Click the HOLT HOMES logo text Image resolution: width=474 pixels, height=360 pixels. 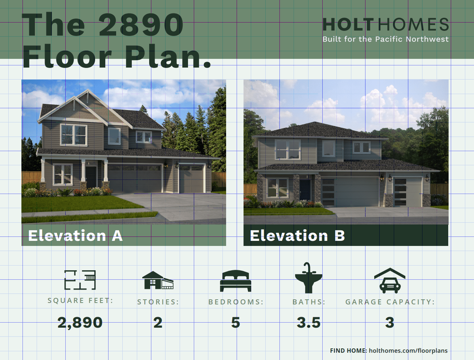tap(385, 25)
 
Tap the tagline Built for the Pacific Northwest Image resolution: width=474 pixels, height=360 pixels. tap(385, 39)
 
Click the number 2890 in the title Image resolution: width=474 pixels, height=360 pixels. tap(141, 25)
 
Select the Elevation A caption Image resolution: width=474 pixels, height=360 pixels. tap(75, 236)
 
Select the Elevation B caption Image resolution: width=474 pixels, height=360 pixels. tap(297, 236)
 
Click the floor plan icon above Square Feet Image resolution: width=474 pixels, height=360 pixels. tap(80, 280)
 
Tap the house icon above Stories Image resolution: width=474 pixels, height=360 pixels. tap(158, 280)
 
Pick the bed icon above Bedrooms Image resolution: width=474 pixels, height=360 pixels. tap(236, 281)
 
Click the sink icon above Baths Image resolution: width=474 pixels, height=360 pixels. tap(308, 278)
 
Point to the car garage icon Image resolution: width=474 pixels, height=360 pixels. tap(390, 280)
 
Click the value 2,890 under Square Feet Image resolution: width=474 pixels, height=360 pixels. tap(80, 323)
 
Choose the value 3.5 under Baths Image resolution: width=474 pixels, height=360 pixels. tap(308, 323)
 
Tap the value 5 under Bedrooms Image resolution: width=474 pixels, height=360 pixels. tap(236, 323)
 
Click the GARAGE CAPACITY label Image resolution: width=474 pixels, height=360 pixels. tap(390, 302)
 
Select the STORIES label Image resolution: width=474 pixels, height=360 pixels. tap(158, 302)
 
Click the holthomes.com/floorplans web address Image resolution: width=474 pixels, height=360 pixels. tap(408, 351)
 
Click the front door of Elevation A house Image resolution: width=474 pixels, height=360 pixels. tap(91, 177)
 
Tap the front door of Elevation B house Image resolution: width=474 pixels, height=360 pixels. tap(305, 189)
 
